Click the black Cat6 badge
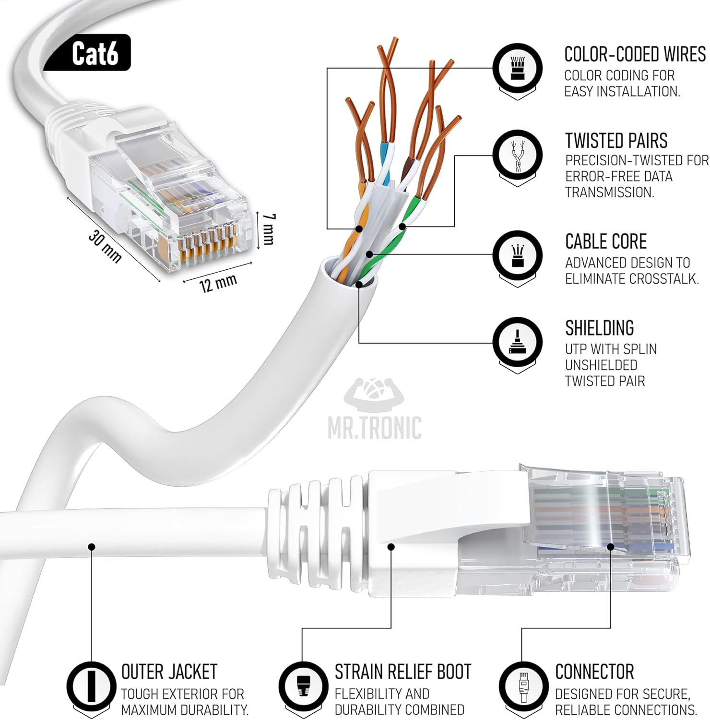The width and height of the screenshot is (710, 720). [95, 53]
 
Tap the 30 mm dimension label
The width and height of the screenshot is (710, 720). [105, 246]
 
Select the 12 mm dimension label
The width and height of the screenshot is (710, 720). [218, 283]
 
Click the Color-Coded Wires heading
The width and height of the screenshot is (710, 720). [635, 55]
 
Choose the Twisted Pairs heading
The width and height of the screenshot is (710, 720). [616, 141]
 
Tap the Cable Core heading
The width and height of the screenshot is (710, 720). [605, 241]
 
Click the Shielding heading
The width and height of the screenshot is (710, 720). [599, 328]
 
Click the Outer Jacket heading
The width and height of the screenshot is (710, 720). [169, 672]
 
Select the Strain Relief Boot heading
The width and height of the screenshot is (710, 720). [402, 672]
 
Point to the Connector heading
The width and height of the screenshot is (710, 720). [594, 672]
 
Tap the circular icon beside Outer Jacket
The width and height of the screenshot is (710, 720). [91, 684]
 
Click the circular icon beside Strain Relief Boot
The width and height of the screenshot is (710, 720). [303, 684]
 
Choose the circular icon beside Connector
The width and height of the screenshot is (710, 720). [523, 684]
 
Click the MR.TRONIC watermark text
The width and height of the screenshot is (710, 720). [375, 428]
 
